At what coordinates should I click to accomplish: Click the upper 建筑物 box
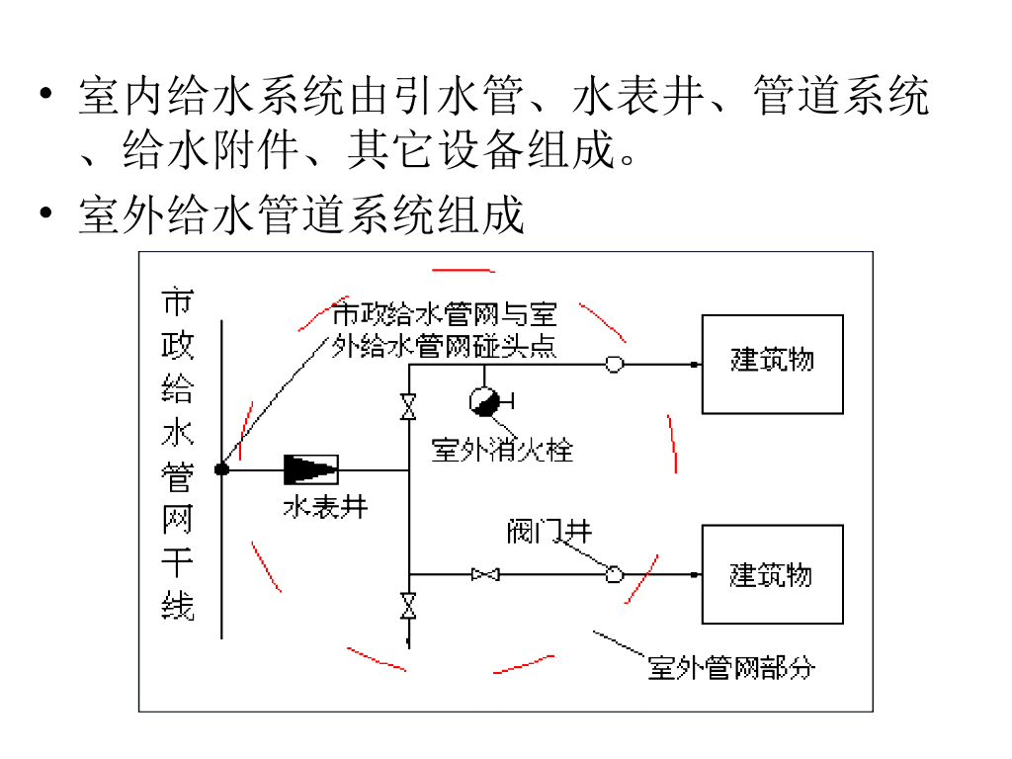(772, 364)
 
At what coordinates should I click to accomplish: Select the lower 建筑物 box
(772, 574)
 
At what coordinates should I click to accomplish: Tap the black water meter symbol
(310, 470)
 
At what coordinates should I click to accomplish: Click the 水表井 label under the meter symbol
(325, 507)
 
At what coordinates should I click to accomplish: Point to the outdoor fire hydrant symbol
(484, 398)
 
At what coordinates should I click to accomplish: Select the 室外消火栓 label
(502, 451)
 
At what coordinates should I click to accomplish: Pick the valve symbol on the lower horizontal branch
(484, 573)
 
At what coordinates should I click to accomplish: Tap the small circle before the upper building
(614, 365)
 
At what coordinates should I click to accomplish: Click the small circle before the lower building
(614, 573)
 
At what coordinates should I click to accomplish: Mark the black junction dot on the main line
(222, 470)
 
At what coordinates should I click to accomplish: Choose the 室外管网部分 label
(731, 668)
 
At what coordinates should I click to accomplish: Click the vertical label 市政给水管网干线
(178, 455)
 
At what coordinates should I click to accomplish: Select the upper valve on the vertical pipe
(407, 407)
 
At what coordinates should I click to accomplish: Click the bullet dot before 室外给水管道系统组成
(43, 215)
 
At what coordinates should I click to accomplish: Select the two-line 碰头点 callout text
(444, 330)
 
